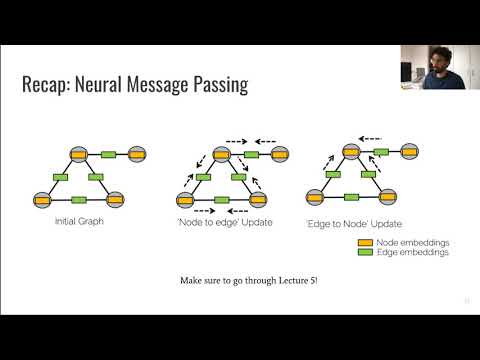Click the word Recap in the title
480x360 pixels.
[x=47, y=86]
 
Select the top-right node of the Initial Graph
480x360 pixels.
[x=137, y=154]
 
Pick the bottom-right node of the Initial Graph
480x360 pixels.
[x=114, y=198]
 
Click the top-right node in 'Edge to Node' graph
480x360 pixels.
[x=412, y=154]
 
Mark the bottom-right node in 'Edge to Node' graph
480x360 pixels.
[x=390, y=198]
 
